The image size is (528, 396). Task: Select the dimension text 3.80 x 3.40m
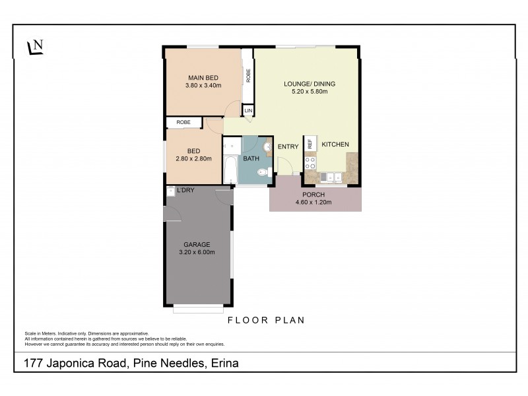tap(203, 86)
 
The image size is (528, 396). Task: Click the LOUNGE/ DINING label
tap(310, 84)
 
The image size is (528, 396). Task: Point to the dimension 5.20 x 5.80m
tap(310, 92)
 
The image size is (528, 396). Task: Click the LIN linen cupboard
tap(248, 111)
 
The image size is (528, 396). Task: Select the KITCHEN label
tap(335, 145)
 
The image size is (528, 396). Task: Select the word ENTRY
tap(288, 147)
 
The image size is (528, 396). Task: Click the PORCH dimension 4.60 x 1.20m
tap(314, 203)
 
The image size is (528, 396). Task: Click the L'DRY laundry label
tap(185, 191)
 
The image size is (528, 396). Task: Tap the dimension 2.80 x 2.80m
tap(193, 159)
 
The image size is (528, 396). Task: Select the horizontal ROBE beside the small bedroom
tap(184, 122)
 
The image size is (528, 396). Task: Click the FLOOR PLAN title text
tap(265, 321)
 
